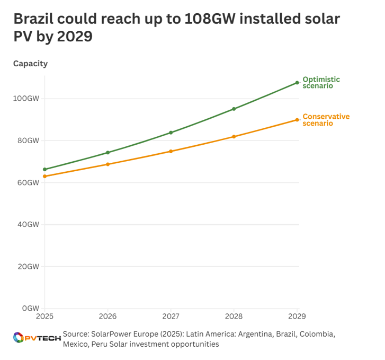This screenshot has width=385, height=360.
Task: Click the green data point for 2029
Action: coord(297,83)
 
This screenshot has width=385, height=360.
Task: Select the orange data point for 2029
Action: coord(297,120)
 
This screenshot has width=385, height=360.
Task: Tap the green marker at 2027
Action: coord(171,133)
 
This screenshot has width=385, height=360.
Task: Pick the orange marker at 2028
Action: coord(234,137)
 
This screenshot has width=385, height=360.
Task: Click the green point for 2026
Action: coord(108,153)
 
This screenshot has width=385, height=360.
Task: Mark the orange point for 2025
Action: coord(44,176)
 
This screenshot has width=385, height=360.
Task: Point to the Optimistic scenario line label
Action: coord(321,83)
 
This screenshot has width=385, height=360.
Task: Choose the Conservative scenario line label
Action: coord(326,120)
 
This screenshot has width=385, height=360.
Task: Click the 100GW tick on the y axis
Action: coord(26,99)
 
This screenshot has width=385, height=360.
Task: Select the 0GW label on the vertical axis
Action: coord(30,308)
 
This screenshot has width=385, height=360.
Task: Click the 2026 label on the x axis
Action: coord(108,317)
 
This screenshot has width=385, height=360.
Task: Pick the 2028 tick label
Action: coord(234,317)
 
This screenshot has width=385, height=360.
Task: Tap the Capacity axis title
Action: coord(30,64)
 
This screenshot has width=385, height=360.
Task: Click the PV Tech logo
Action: coord(36,338)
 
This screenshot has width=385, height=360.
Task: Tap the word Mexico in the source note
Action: coord(75,344)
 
